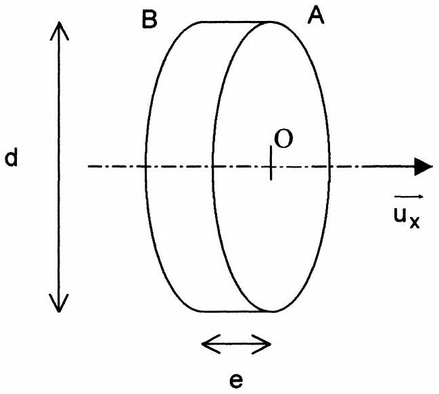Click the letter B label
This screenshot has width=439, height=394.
149,20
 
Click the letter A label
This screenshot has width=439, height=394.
316,15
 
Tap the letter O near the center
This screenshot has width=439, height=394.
283,139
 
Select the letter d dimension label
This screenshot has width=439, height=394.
11,157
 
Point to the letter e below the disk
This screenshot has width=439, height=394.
236,380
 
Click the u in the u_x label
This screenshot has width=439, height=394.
400,215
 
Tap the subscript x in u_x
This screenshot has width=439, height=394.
415,222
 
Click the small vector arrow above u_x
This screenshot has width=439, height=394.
409,197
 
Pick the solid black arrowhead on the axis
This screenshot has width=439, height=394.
423,167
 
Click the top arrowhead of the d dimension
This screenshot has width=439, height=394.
59,31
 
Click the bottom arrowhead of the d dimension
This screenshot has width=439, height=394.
59,303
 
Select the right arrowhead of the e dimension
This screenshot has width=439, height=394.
262,344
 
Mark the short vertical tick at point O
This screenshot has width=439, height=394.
271,163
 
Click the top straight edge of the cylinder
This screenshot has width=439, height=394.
236,22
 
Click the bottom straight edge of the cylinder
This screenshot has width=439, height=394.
236,312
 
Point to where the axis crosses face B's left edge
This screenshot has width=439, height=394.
145,167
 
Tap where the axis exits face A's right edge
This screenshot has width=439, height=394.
330,167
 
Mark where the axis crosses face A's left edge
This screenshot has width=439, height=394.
212,167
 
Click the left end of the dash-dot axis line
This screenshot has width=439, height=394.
88,167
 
